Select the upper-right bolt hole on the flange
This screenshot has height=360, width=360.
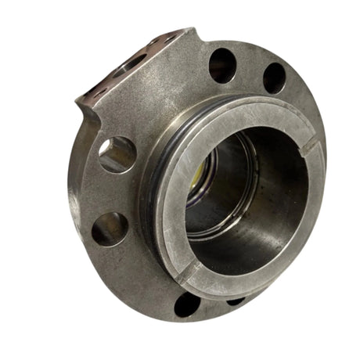274,77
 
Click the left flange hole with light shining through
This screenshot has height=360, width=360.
117,154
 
